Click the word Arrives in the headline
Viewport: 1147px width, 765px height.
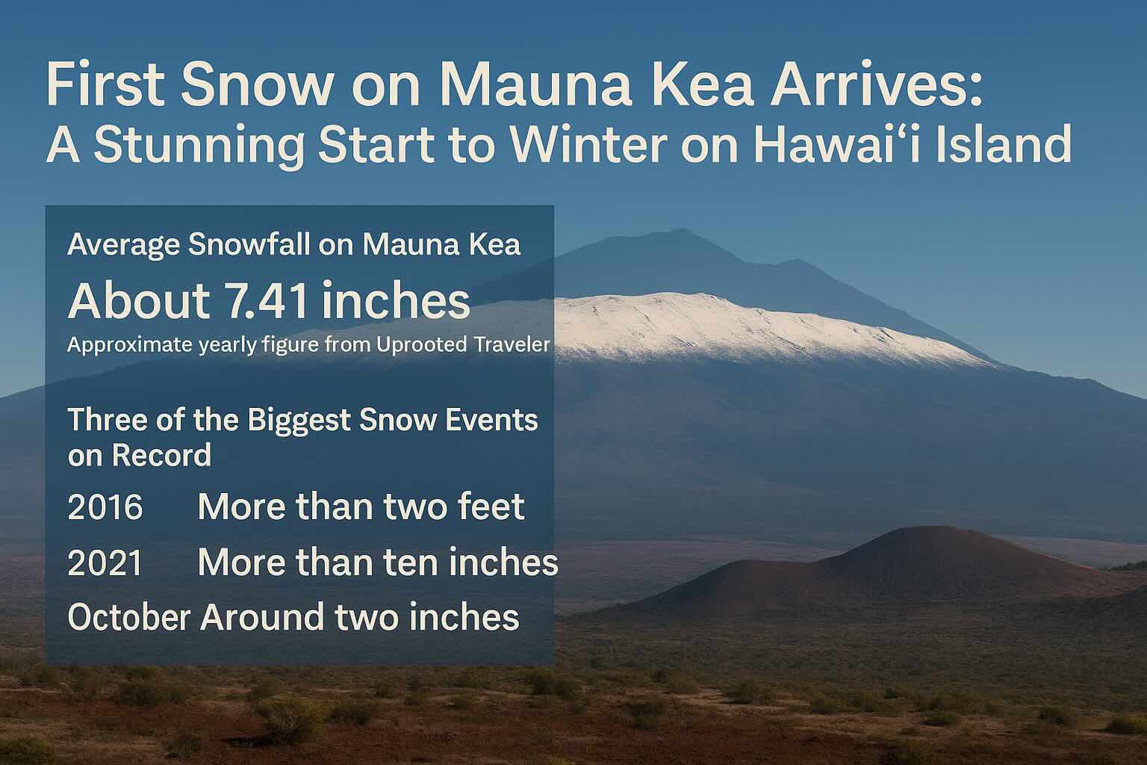coord(876,84)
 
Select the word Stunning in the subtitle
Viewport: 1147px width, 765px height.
coord(199,145)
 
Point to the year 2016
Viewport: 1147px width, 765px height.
coord(105,507)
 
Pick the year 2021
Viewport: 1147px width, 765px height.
coord(105,563)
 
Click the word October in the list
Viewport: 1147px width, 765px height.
coord(128,616)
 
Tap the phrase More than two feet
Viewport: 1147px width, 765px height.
coord(361,507)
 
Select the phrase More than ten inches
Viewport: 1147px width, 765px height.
coord(378,562)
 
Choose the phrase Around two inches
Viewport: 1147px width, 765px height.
coord(360,616)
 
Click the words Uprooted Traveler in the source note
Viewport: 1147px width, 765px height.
coord(463,344)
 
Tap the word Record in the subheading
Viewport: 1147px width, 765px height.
coord(161,454)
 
